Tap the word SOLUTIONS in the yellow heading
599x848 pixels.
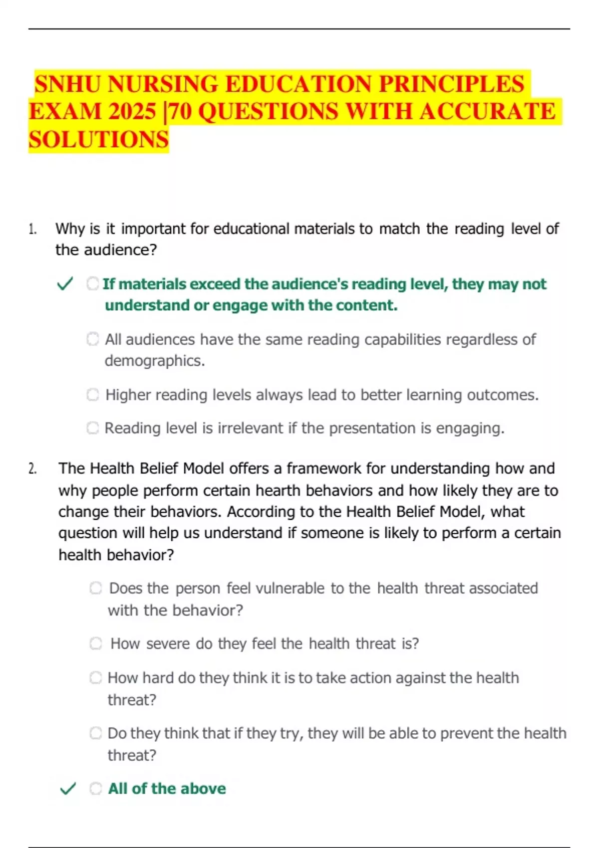[x=99, y=140]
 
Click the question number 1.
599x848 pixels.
[x=32, y=229]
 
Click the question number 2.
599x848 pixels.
[x=32, y=469]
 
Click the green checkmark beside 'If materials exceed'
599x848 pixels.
[x=65, y=284]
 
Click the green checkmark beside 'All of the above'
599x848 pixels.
[x=68, y=789]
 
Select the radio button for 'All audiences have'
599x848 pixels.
[x=93, y=339]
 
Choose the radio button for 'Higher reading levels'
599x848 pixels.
[x=93, y=395]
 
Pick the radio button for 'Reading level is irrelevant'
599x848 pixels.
[x=93, y=428]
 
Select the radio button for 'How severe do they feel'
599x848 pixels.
[x=96, y=643]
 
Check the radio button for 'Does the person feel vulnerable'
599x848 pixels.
[x=96, y=588]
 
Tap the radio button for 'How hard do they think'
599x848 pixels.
[x=96, y=678]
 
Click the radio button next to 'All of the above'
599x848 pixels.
[x=96, y=789]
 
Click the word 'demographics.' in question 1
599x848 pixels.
[x=155, y=361]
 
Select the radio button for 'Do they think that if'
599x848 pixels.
[x=96, y=733]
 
